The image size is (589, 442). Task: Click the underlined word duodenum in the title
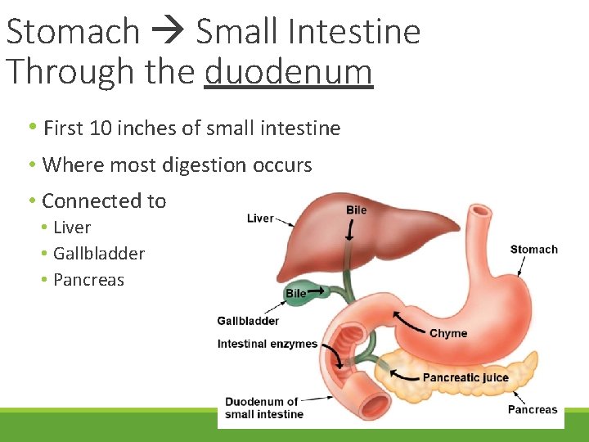[x=288, y=71]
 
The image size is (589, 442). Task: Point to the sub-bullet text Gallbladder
[x=98, y=254]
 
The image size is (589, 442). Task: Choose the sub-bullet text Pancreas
[x=88, y=280]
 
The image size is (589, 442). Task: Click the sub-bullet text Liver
[x=72, y=228]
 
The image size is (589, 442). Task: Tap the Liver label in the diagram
[x=260, y=218]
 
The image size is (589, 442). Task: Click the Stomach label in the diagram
[x=533, y=250]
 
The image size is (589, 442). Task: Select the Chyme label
[x=448, y=333]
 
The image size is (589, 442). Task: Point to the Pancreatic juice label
[x=465, y=377]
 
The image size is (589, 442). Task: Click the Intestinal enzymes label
[x=267, y=344]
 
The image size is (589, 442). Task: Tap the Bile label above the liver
[x=356, y=210]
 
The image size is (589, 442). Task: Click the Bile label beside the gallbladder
[x=295, y=293]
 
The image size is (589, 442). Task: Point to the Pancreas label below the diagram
[x=532, y=409]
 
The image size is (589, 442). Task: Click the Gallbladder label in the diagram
[x=248, y=321]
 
